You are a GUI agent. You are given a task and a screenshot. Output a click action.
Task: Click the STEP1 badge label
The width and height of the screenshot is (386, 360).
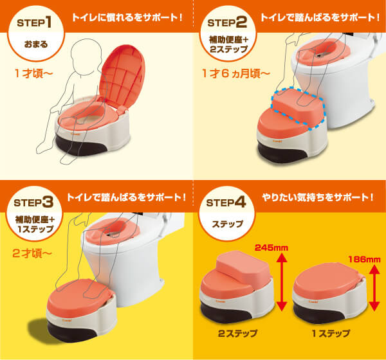point(35,23)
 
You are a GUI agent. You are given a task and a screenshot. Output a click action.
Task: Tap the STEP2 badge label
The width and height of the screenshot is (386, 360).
point(227,23)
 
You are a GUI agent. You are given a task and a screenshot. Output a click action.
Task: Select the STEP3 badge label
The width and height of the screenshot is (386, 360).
point(33,203)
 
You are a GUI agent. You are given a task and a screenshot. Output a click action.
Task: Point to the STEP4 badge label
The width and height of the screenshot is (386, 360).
point(226,203)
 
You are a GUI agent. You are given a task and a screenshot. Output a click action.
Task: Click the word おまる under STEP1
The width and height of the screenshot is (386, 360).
point(36,44)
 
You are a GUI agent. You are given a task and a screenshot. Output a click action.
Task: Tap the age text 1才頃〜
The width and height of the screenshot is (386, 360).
point(33,73)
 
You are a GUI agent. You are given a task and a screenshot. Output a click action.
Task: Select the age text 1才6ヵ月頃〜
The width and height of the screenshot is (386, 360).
point(236,73)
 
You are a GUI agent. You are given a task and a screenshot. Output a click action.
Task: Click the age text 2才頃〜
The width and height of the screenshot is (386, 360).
point(32,253)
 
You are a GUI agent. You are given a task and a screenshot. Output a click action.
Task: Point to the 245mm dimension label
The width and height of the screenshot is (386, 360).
point(271,248)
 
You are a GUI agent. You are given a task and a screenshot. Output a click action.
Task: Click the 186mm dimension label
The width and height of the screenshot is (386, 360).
point(364,259)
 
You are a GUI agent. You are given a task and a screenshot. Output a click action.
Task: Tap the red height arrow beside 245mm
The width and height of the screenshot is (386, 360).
point(282,282)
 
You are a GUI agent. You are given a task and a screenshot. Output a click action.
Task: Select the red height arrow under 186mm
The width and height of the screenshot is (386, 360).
point(374,288)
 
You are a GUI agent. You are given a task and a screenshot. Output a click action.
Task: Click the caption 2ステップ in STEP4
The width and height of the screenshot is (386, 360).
point(237,334)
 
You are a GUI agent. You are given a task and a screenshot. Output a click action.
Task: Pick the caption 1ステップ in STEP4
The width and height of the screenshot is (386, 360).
point(331,334)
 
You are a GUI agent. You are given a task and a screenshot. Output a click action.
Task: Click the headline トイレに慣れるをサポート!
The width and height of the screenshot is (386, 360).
point(127,17)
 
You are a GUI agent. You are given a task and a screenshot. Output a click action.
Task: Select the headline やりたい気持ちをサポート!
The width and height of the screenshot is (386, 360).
point(318,197)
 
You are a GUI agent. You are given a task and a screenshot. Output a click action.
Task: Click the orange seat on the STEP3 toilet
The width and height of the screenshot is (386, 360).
point(113,231)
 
